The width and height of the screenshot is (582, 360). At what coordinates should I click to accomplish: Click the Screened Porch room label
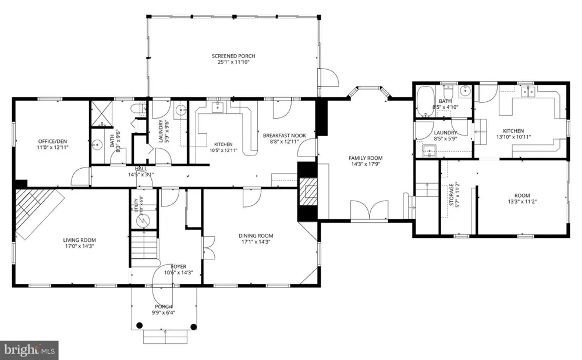click(233, 56)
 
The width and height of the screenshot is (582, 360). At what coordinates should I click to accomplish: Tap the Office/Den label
click(53, 141)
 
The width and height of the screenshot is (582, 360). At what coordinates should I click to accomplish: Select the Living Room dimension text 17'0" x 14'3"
click(79, 246)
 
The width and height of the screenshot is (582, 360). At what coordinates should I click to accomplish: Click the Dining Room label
click(255, 236)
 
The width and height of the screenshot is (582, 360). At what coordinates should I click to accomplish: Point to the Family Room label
click(365, 158)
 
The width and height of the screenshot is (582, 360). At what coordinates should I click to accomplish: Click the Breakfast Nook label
click(285, 136)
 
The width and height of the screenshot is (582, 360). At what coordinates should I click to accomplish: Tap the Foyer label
click(179, 266)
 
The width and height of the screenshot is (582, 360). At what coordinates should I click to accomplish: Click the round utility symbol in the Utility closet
click(143, 221)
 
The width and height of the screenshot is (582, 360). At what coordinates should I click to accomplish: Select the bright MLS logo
click(29, 350)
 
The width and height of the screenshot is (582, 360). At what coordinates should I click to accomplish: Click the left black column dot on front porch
click(139, 326)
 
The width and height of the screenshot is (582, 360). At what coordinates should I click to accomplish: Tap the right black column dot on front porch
click(193, 327)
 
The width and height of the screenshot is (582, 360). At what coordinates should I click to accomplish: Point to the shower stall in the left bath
click(102, 114)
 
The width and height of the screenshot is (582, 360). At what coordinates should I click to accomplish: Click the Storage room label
click(452, 194)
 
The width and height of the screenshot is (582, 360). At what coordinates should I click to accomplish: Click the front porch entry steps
click(165, 336)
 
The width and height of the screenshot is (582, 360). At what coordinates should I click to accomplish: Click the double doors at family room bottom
click(370, 211)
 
